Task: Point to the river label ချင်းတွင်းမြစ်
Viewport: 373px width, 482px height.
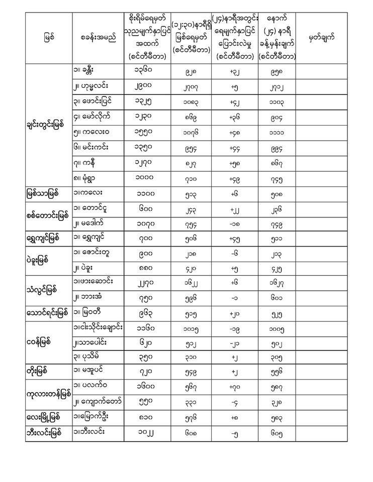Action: point(48,125)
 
